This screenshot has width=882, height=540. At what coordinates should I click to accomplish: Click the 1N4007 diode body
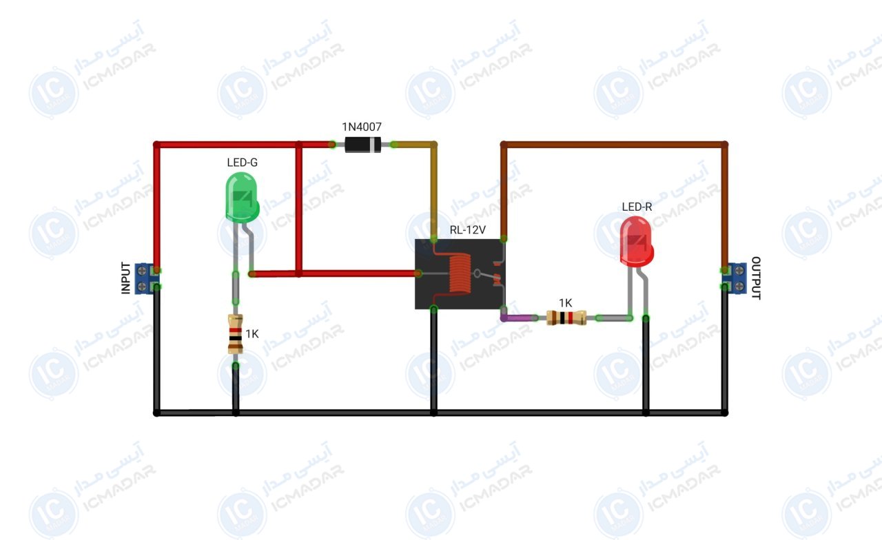362,145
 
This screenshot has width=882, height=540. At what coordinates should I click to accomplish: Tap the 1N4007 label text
362,127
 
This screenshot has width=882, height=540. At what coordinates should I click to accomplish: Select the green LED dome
242,198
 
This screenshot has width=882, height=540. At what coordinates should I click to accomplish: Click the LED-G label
242,162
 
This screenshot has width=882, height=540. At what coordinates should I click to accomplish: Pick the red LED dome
636,242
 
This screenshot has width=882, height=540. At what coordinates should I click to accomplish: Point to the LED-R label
637,207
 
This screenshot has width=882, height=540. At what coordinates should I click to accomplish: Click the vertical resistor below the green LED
235,334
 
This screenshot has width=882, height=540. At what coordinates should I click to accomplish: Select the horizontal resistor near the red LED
566,318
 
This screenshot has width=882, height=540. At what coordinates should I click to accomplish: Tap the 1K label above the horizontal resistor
566,303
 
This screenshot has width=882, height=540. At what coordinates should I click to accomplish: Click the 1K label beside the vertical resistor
252,334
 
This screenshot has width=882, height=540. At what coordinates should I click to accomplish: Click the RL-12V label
468,230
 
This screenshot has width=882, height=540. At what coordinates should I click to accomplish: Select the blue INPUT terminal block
145,279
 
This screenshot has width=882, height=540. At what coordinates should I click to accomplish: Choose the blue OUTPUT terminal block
735,278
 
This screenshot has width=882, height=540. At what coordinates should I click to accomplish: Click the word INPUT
125,278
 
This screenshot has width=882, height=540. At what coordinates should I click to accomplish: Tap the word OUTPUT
756,278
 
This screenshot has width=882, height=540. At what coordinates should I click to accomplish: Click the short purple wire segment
519,318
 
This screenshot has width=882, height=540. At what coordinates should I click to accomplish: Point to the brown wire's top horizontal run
614,145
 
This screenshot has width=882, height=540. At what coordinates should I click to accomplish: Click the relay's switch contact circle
478,273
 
